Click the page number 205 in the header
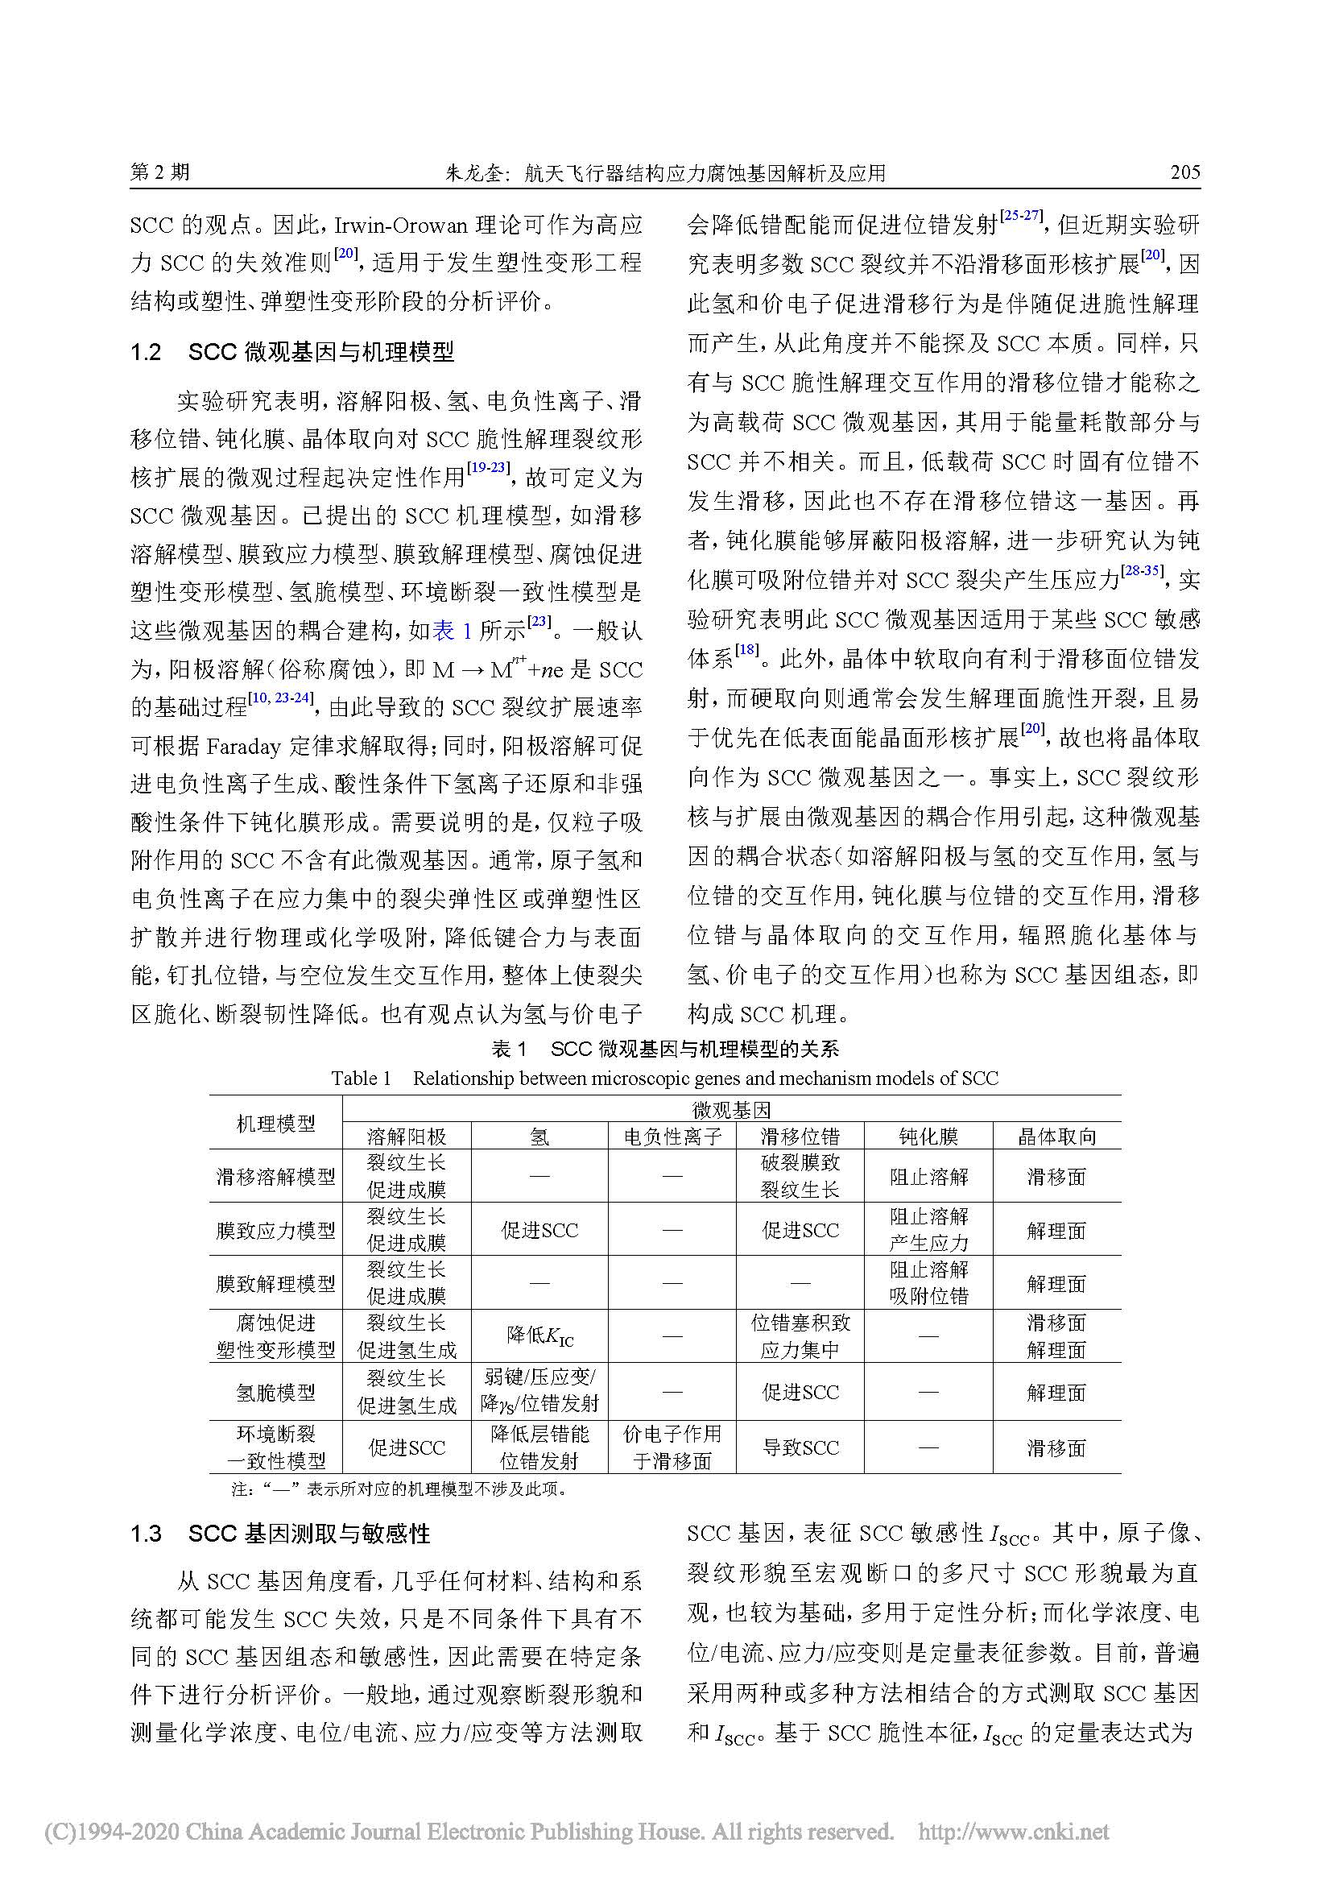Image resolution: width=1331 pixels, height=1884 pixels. tap(1185, 172)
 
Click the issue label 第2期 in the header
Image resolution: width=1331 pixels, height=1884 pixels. tap(160, 172)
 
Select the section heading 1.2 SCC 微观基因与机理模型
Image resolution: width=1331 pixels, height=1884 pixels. tap(292, 353)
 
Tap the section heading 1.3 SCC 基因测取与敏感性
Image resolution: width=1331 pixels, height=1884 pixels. tap(279, 1534)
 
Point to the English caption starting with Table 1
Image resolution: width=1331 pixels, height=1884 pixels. tap(664, 1079)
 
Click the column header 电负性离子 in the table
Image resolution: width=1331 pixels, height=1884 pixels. tap(672, 1137)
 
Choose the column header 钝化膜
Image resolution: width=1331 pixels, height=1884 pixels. tap(928, 1137)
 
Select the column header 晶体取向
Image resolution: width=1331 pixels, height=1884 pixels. tap(1056, 1137)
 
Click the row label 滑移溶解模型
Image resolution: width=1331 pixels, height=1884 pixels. tap(275, 1177)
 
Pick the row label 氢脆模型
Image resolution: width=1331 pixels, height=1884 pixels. tap(275, 1393)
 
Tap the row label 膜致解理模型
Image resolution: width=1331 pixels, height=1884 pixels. tap(275, 1284)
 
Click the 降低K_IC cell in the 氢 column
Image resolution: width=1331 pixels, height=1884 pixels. tap(539, 1337)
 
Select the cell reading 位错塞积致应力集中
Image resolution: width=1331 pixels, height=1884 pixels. tap(800, 1337)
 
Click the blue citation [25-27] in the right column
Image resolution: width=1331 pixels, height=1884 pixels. tap(1022, 216)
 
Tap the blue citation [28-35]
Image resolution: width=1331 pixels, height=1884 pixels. tap(1142, 570)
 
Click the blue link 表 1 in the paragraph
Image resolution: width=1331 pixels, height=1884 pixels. tap(452, 630)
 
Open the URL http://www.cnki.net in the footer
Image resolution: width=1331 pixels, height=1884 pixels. tap(1013, 1832)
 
